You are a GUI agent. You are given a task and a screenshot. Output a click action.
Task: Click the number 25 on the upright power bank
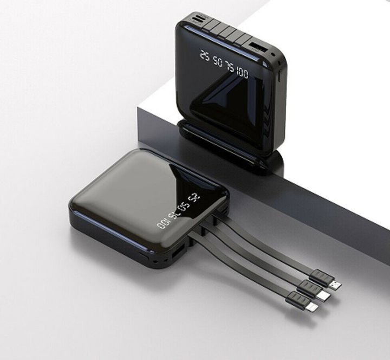coord(204,54)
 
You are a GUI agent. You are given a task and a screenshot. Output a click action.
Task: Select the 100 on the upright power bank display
coord(242,71)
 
